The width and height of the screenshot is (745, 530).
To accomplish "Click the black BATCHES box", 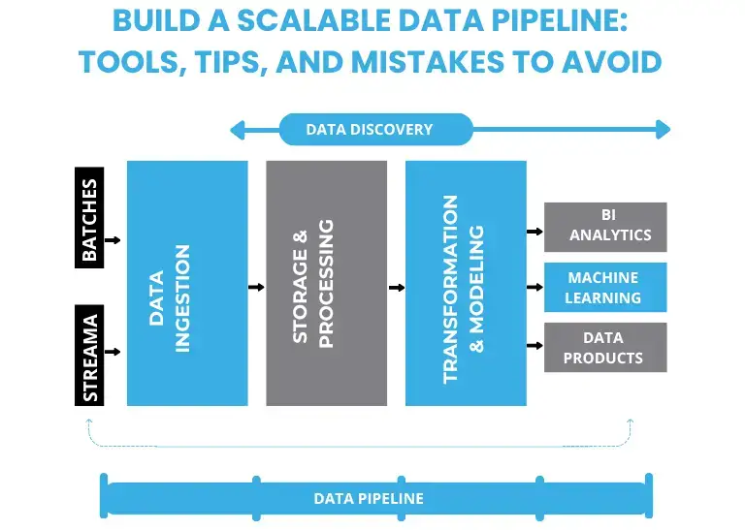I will tap(88, 220).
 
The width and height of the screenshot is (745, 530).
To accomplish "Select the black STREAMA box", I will tap(88, 357).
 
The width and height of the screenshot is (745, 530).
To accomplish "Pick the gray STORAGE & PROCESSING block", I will tap(326, 283).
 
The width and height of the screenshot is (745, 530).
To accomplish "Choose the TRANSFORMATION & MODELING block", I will tap(465, 283).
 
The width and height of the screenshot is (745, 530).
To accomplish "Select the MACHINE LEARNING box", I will tap(605, 287).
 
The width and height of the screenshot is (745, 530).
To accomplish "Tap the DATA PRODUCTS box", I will tap(605, 347).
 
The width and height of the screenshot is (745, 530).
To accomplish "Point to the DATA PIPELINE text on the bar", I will tap(369, 498).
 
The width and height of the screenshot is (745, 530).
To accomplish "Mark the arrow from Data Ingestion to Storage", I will tap(256, 288).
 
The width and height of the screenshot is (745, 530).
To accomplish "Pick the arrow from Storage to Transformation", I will tap(396, 288).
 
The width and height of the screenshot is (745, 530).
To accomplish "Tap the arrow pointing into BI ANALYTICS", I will tap(534, 232).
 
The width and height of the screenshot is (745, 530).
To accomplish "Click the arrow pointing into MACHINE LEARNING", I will tap(534, 288).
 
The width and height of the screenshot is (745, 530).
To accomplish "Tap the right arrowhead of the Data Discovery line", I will tap(663, 129).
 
